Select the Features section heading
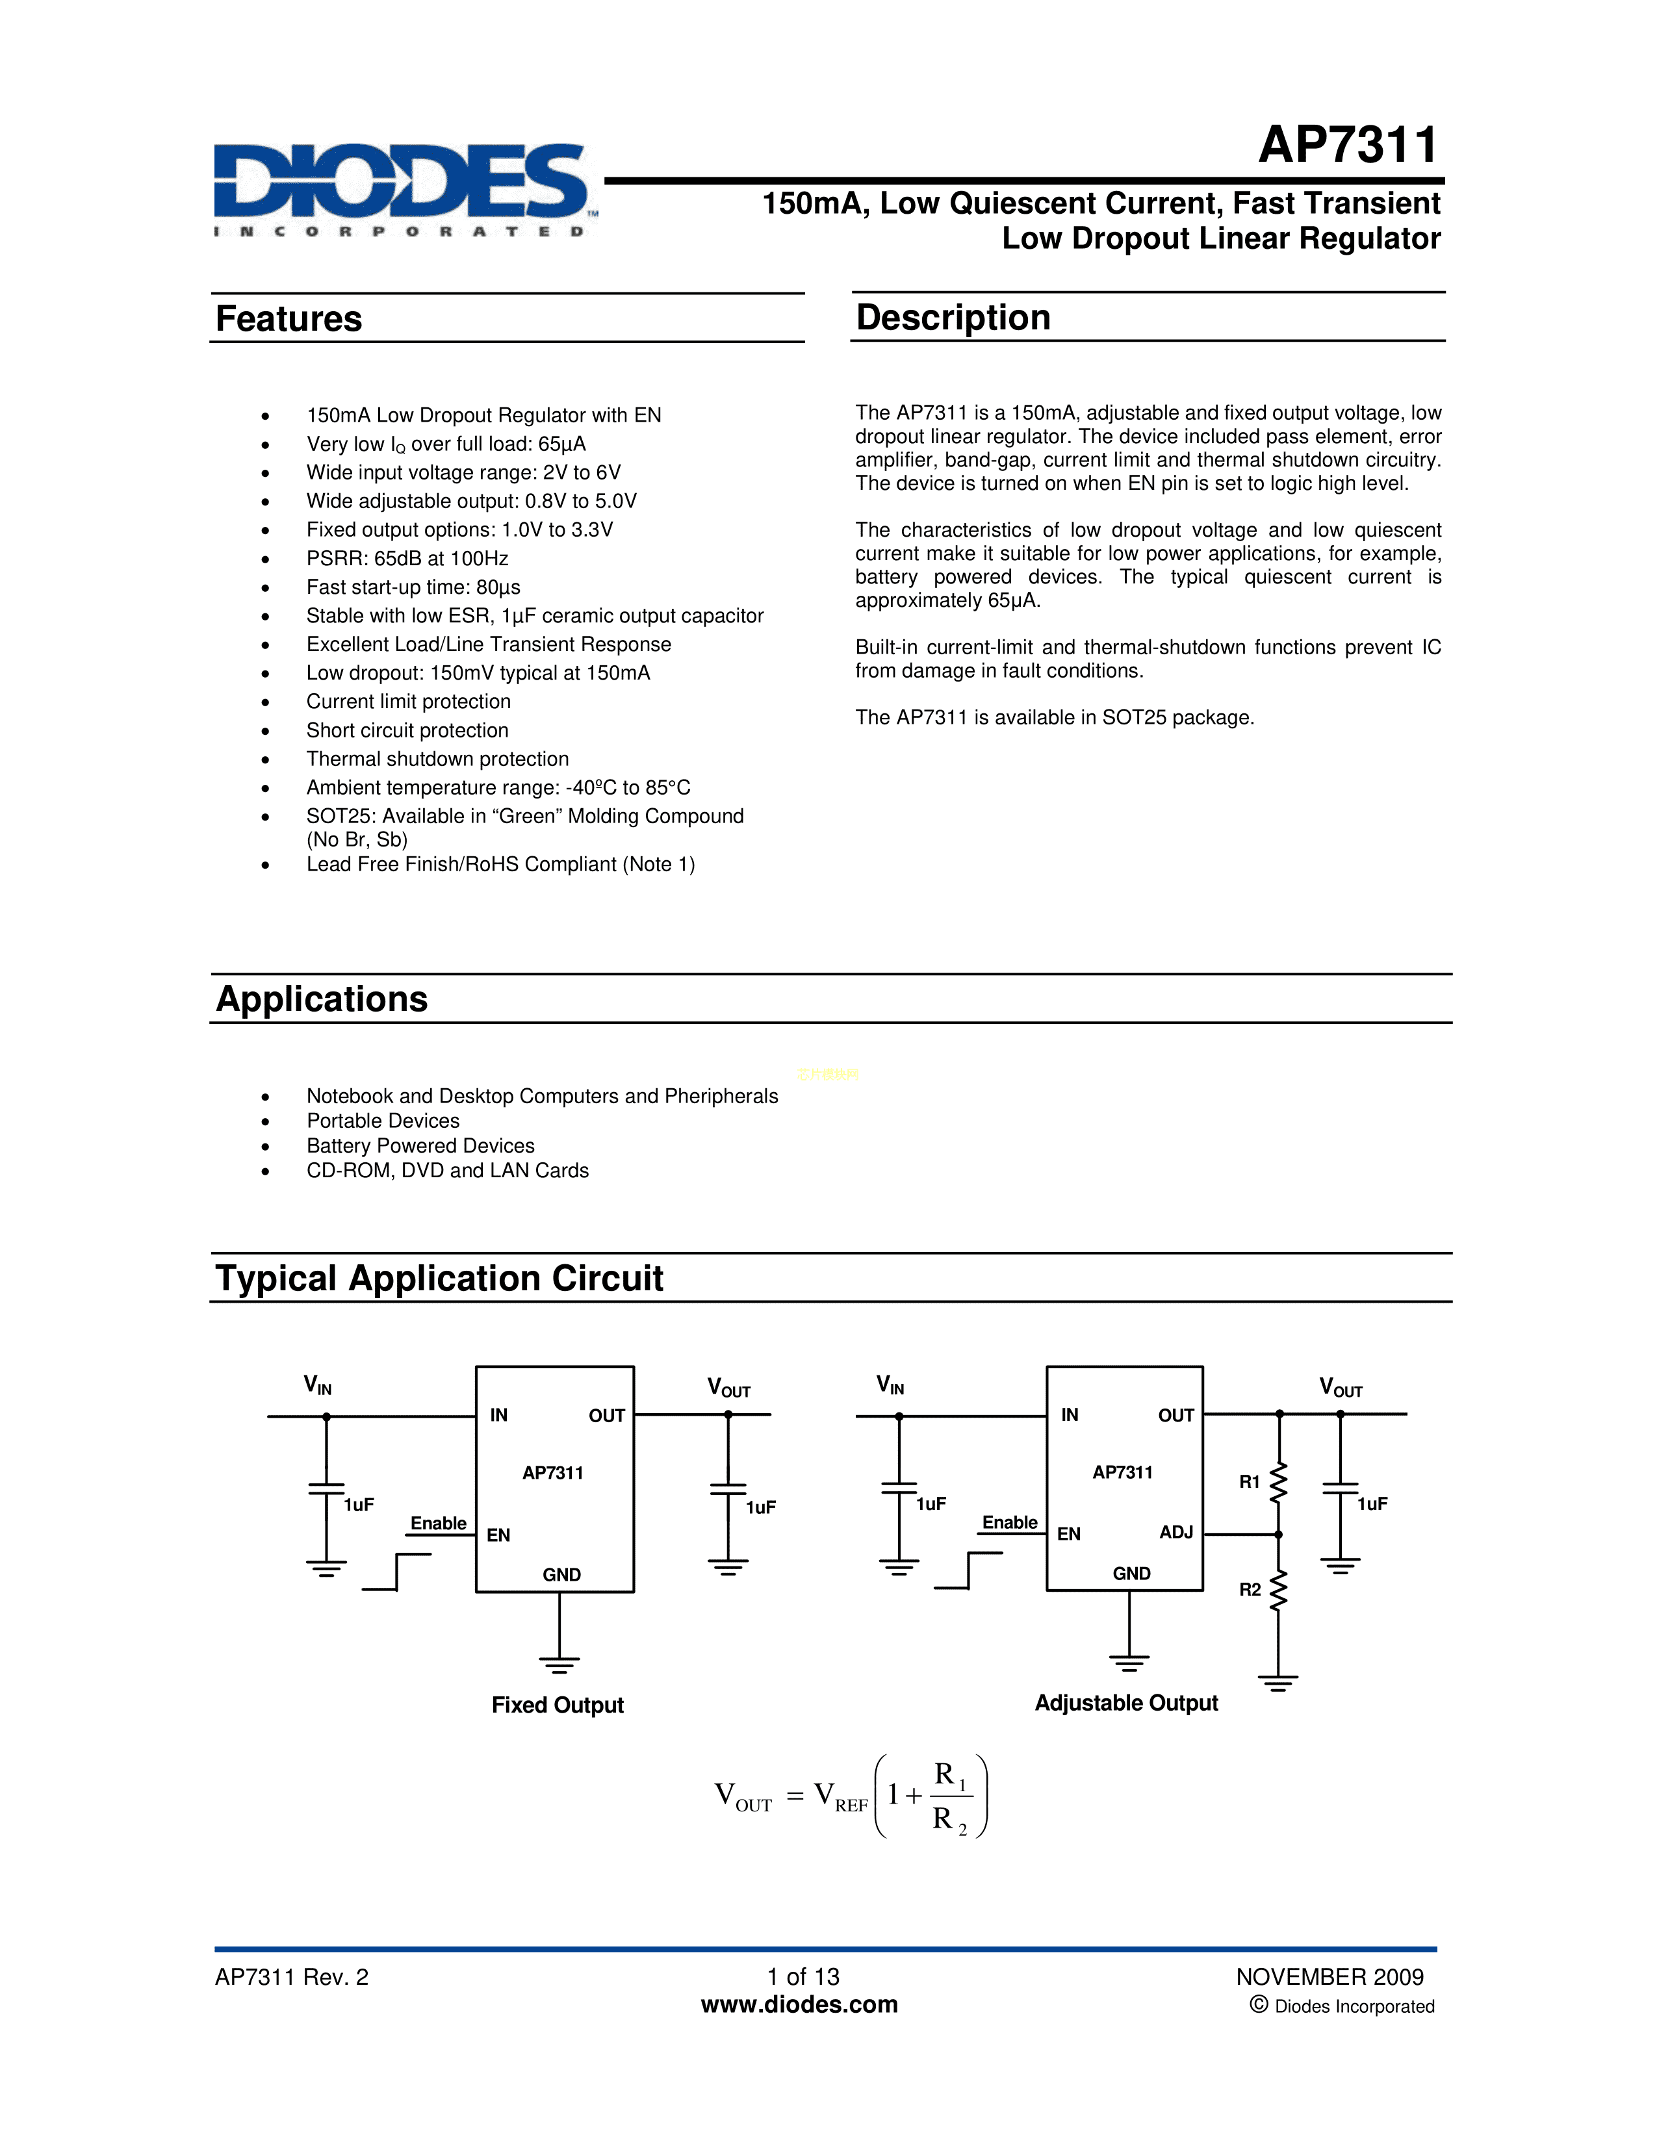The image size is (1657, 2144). click(289, 319)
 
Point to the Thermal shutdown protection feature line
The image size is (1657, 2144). click(437, 759)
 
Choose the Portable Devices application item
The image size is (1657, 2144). click(383, 1121)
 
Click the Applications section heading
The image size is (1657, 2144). click(322, 999)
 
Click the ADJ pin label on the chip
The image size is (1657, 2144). click(1176, 1533)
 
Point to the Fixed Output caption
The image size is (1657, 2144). click(558, 1705)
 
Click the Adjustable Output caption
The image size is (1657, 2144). click(1126, 1704)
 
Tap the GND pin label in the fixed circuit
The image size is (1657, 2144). click(561, 1575)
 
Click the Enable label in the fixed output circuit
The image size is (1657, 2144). click(438, 1524)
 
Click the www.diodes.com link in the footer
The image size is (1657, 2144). click(799, 2004)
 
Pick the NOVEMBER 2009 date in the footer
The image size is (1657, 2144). click(1329, 1977)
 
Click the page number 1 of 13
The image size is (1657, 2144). click(803, 1977)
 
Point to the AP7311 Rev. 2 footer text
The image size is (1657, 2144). click(292, 1977)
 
